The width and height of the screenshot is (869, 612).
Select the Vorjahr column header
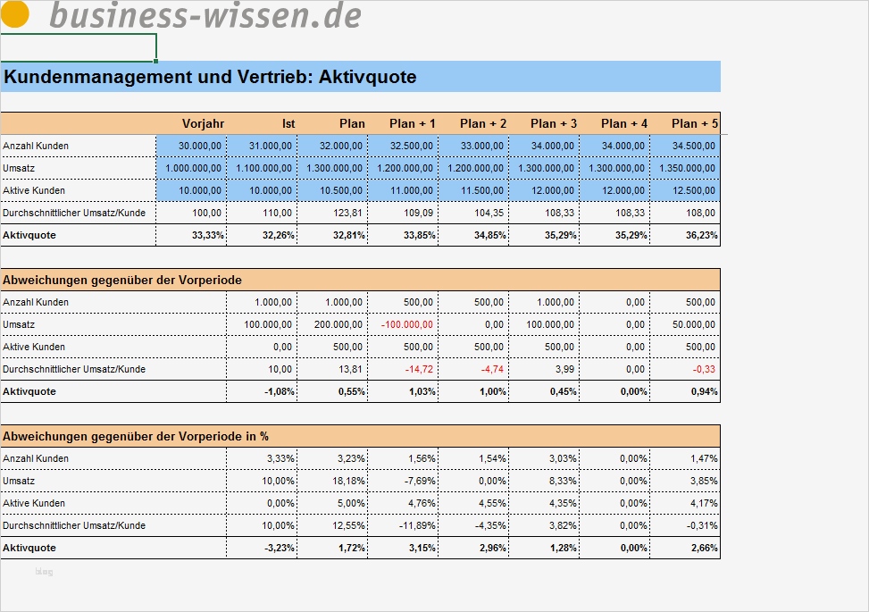coord(203,123)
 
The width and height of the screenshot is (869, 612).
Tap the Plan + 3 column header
coord(554,123)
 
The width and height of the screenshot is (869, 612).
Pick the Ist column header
coord(288,123)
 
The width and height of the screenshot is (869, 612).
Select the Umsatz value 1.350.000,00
coord(687,168)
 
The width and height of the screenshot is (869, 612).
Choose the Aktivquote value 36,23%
coord(699,235)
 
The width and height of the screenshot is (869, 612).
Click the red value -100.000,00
coord(407,324)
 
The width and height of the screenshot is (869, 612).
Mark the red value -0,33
coord(703,369)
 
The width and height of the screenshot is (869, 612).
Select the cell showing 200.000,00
coord(338,324)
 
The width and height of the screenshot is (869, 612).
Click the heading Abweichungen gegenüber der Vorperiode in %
coord(136,436)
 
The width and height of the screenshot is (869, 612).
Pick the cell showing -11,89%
coord(416,525)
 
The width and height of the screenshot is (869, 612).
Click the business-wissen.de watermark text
coord(205,15)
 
